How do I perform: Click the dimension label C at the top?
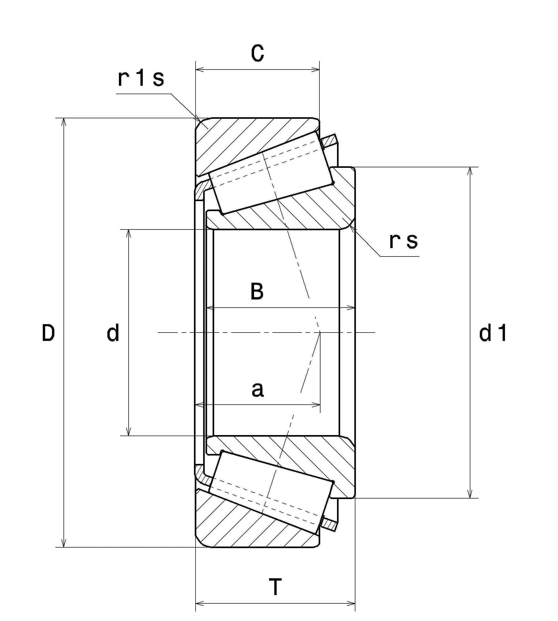(x=257, y=53)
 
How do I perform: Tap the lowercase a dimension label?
(x=257, y=389)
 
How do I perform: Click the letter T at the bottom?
(x=275, y=586)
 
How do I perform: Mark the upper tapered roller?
(x=271, y=173)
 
